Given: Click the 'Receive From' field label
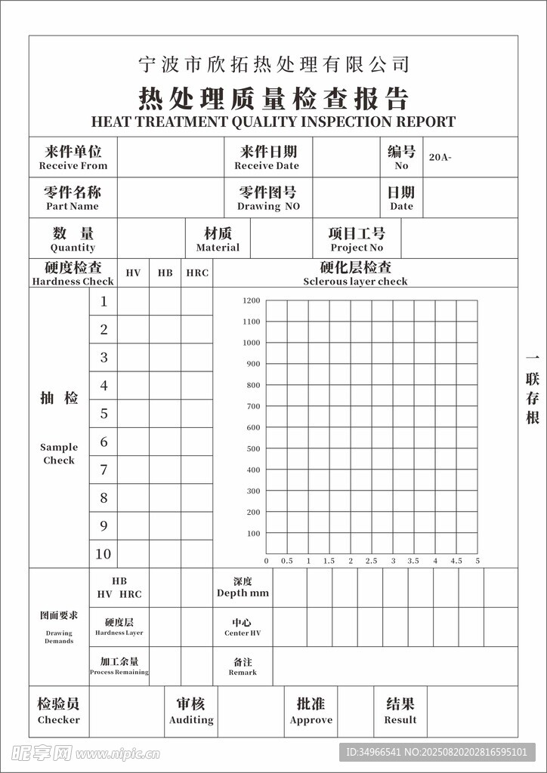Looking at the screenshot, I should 73,166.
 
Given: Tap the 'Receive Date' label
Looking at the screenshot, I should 267,166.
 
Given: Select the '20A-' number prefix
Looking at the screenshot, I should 440,158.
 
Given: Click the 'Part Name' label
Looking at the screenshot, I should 73,206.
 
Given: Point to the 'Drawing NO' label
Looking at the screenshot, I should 268,206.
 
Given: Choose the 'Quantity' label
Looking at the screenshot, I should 73,248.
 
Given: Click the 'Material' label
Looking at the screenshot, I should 218,248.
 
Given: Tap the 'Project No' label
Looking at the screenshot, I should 357,248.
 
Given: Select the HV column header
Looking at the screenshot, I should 133,273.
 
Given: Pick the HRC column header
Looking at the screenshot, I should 197,273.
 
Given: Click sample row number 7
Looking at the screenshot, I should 104,470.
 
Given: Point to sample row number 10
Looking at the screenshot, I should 103,554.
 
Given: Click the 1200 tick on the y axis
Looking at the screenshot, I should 252,300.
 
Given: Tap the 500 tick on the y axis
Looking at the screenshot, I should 253,448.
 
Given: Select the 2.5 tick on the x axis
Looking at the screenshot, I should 371,561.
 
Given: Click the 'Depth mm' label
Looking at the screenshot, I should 243,593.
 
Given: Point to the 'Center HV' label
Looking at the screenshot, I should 243,633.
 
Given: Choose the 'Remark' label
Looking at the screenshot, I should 243,672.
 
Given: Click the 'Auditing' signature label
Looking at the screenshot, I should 191,720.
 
